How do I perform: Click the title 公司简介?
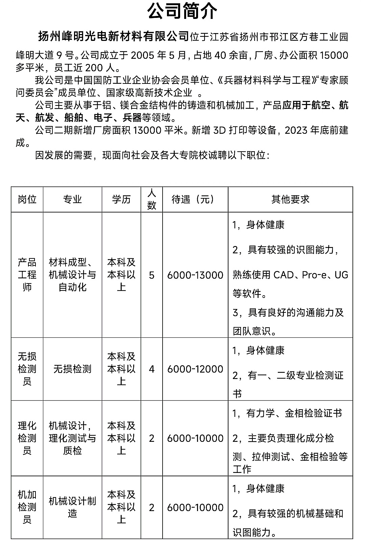[182, 12]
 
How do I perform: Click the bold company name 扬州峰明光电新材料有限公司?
[113, 36]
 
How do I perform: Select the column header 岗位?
[27, 199]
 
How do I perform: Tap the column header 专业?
[72, 199]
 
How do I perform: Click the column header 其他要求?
[290, 199]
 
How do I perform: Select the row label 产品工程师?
[27, 275]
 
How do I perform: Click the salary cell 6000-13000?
[195, 275]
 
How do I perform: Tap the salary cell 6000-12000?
[195, 369]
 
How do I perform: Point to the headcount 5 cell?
[151, 275]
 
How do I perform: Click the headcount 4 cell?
[151, 369]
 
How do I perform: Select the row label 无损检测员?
[27, 369]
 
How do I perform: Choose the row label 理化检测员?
[27, 438]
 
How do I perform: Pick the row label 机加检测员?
[27, 507]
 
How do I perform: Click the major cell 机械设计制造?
[72, 507]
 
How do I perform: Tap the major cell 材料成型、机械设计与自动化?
[72, 275]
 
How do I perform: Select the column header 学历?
[121, 199]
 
